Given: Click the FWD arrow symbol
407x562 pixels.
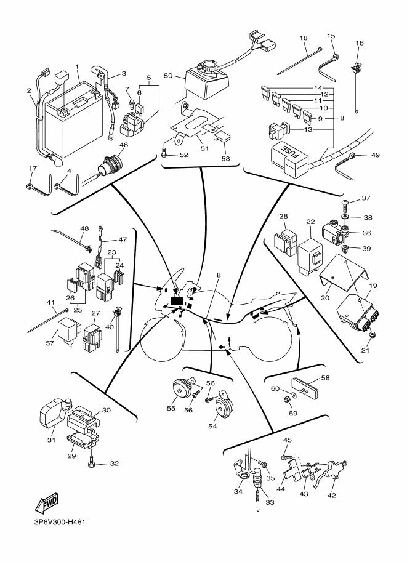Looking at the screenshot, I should (46, 505).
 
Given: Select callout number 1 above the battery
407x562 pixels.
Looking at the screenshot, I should (78, 66).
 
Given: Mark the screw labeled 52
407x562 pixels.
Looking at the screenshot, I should (164, 155).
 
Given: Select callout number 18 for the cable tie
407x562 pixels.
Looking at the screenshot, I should (304, 38).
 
